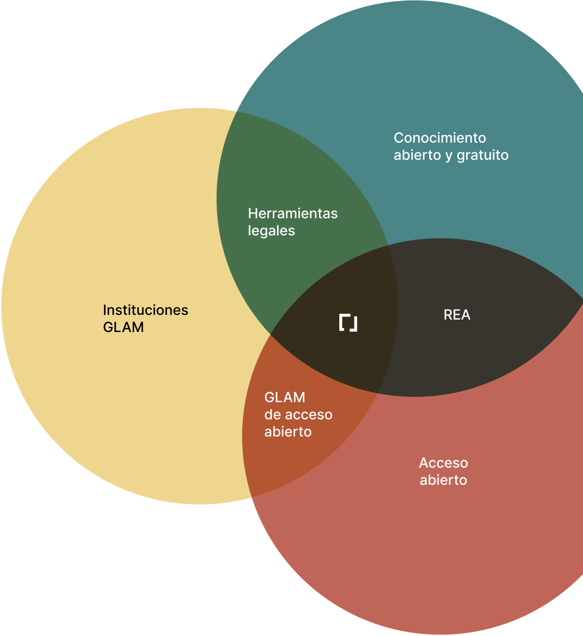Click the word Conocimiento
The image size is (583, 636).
click(x=440, y=138)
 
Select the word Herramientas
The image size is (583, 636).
click(x=293, y=214)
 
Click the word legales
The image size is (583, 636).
click(x=271, y=231)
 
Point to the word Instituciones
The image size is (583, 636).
click(x=145, y=310)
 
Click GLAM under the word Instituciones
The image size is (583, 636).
click(x=123, y=327)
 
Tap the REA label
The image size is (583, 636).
click(x=457, y=315)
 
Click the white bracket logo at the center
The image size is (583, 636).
click(x=348, y=323)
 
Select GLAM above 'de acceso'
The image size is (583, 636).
click(x=285, y=398)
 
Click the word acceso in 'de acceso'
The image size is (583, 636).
click(x=309, y=415)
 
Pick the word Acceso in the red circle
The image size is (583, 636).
click(x=443, y=463)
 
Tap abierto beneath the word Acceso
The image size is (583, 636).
click(x=443, y=480)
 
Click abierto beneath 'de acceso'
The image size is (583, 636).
click(x=288, y=432)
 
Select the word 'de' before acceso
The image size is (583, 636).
click(x=273, y=415)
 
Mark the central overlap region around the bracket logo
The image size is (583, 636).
click(x=338, y=353)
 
